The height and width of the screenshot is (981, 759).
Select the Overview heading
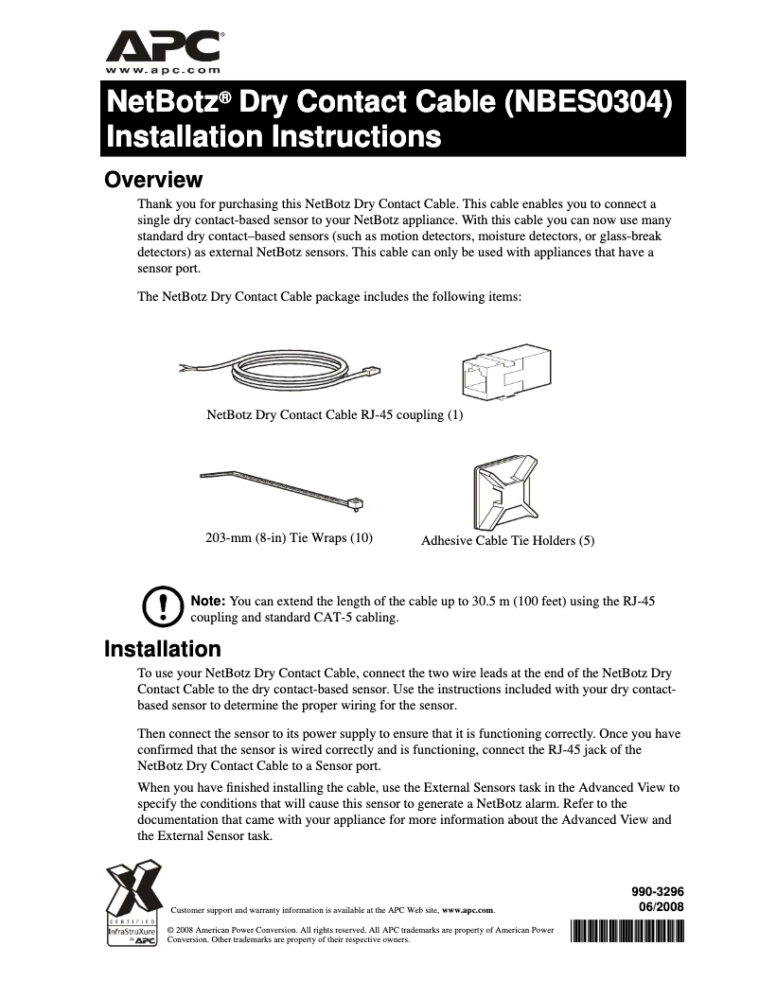(x=152, y=180)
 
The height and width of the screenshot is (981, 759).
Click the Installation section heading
(x=162, y=649)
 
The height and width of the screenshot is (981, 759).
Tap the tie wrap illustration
(x=284, y=488)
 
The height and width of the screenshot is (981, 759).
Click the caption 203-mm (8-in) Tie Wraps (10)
(x=289, y=538)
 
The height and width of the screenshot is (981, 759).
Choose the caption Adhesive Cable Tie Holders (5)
(x=507, y=540)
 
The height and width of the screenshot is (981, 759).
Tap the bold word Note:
(x=208, y=601)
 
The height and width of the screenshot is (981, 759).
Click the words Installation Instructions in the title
(x=274, y=136)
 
